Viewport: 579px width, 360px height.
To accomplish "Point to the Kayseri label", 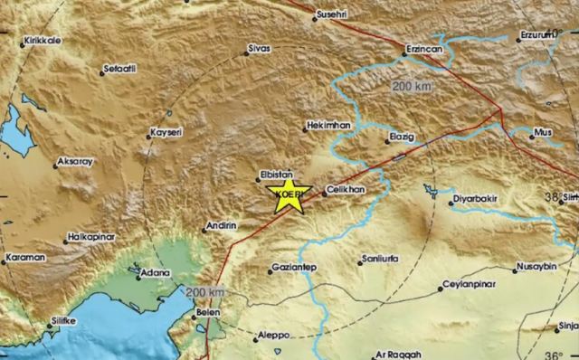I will pos(166,131).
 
